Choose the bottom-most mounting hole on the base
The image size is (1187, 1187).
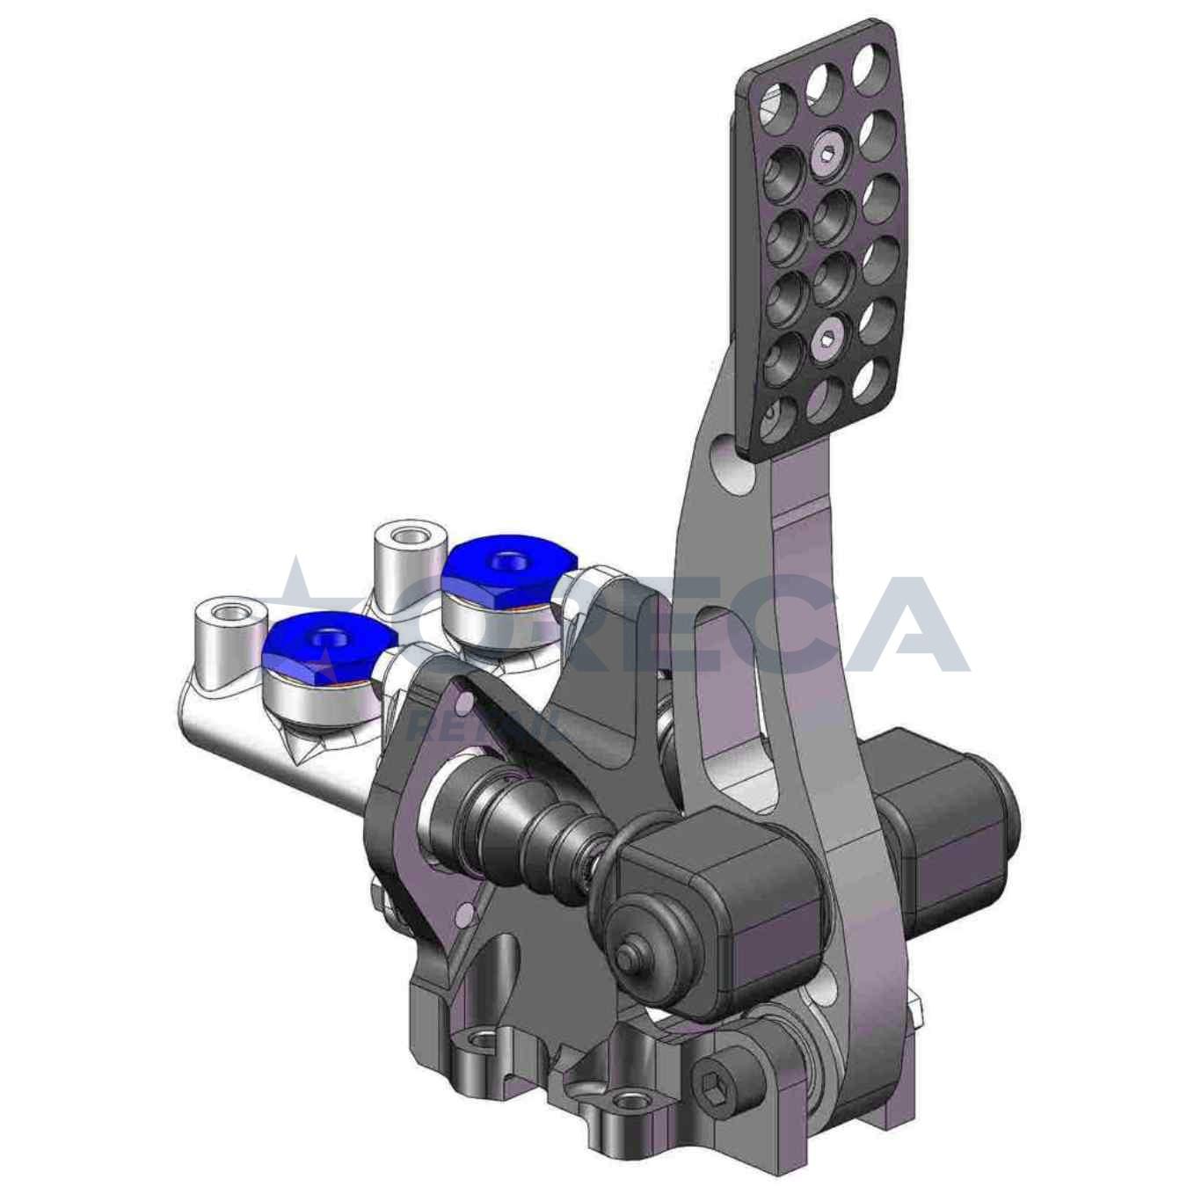coord(627,1101)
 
